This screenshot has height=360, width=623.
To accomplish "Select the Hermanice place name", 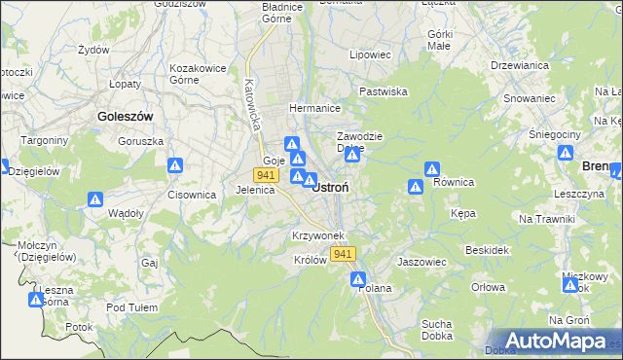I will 312,108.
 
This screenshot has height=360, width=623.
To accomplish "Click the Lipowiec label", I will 370,55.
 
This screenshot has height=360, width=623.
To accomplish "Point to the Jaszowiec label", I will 421,262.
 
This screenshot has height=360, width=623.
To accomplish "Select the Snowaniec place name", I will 530,98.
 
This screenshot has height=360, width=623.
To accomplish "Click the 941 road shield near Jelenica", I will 265,174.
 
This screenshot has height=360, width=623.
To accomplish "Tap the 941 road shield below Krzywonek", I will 342,254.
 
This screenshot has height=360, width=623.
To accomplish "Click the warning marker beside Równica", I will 416,186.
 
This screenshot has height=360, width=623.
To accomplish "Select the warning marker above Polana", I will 358,279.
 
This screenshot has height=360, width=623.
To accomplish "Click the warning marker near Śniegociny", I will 566,154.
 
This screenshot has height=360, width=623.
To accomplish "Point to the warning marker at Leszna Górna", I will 36,300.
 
